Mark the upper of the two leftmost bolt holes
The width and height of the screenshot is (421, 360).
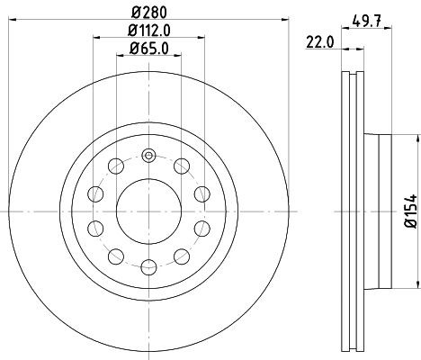coord(94,193)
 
